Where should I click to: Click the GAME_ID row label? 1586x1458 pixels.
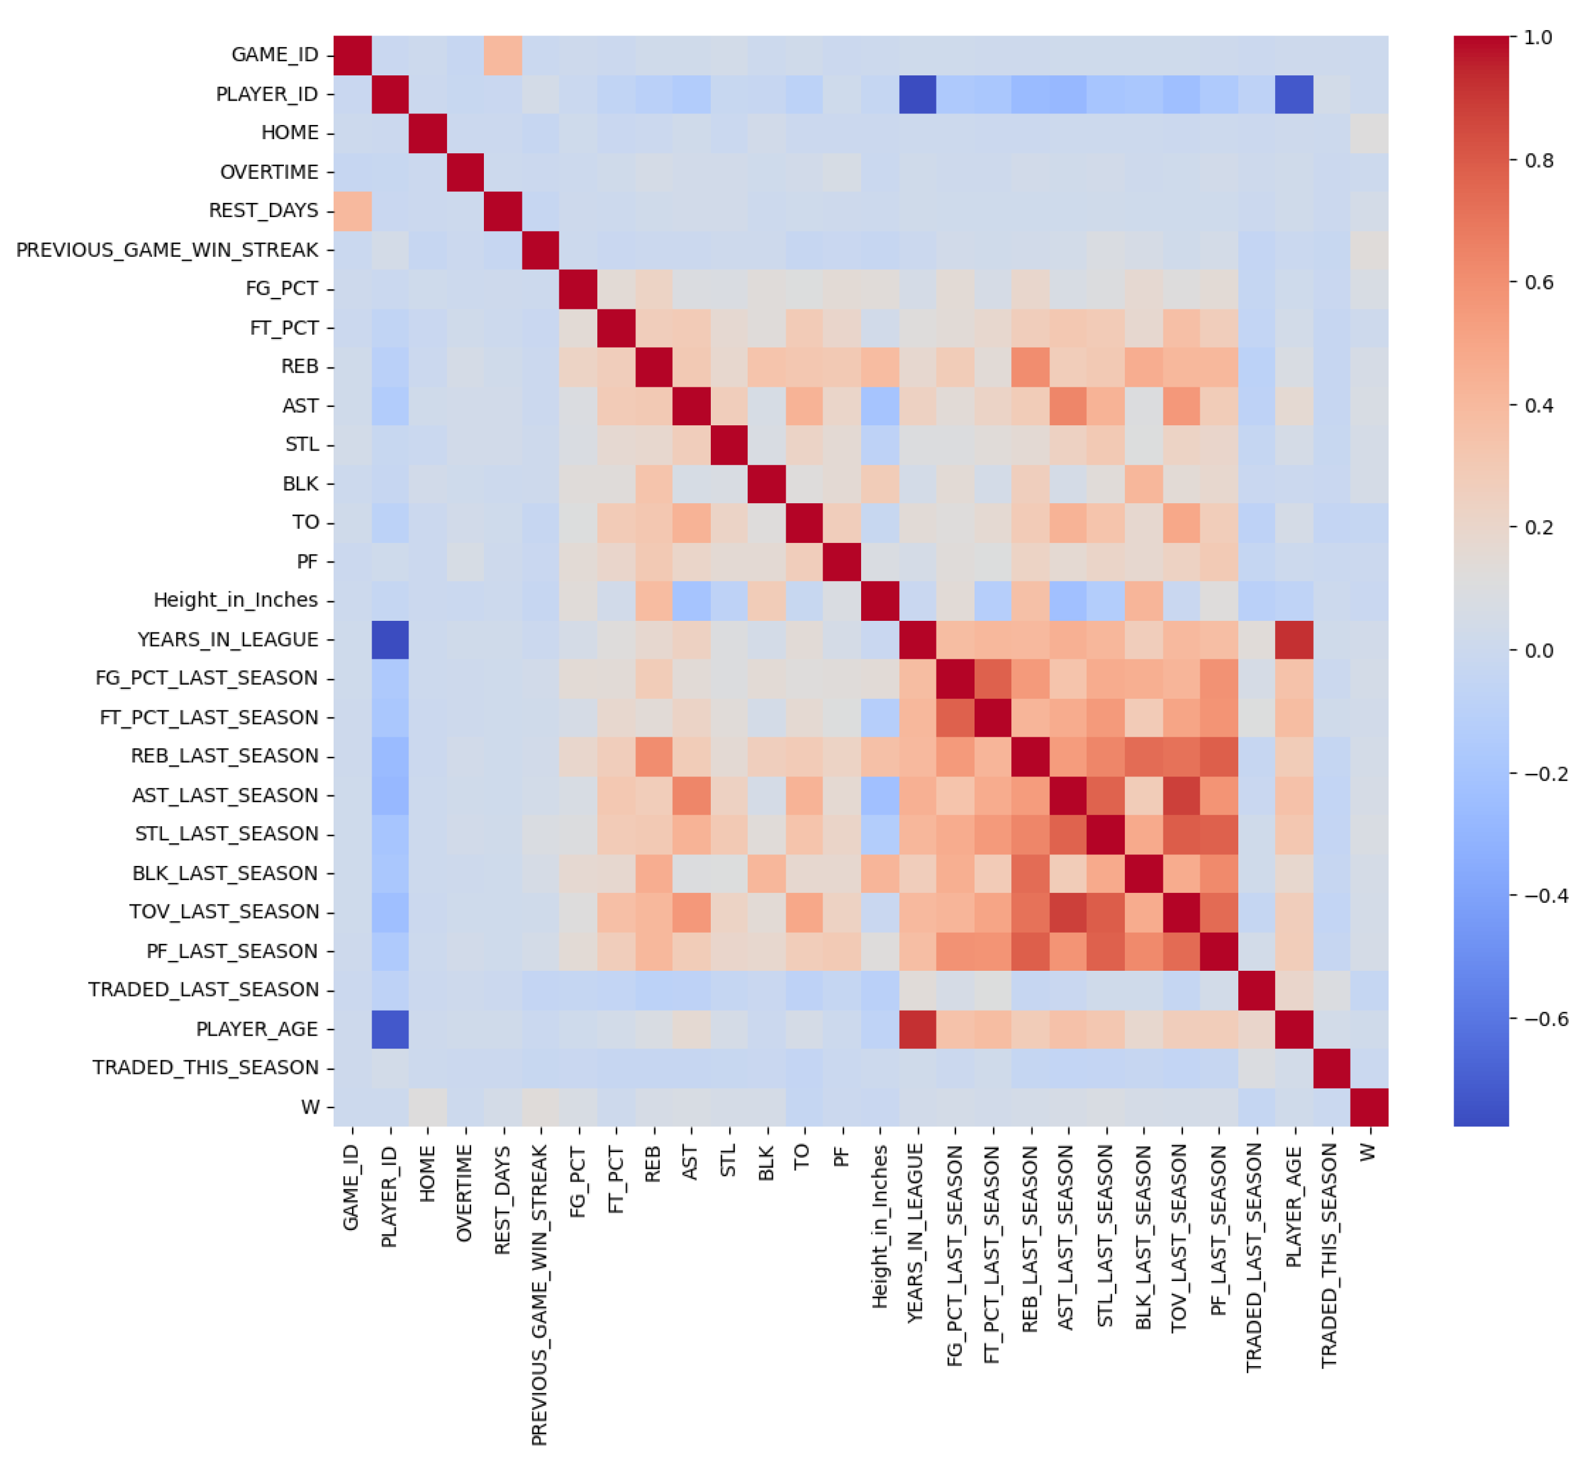click(x=274, y=55)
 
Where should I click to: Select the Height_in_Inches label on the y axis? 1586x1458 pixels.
click(x=236, y=601)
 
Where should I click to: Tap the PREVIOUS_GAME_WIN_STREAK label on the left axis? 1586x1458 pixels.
click(x=167, y=250)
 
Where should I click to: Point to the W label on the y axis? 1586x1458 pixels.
click(x=310, y=1107)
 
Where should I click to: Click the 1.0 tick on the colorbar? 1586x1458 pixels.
click(x=1538, y=37)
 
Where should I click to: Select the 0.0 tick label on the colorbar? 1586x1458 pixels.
click(x=1538, y=651)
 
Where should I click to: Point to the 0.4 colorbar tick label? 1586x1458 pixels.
click(x=1538, y=406)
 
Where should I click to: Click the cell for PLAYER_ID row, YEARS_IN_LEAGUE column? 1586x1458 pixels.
click(x=918, y=94)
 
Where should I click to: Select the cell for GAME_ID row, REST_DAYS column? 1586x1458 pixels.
click(x=503, y=55)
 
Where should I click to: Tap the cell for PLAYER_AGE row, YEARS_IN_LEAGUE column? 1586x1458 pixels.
click(x=918, y=1029)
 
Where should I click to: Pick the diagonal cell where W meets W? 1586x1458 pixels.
click(x=1369, y=1107)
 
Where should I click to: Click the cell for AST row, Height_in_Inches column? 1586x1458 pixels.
click(x=879, y=406)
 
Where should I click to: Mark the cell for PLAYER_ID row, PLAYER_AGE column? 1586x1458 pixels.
click(x=1294, y=94)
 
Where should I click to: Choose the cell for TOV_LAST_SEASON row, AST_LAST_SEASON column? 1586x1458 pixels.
click(x=1068, y=912)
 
